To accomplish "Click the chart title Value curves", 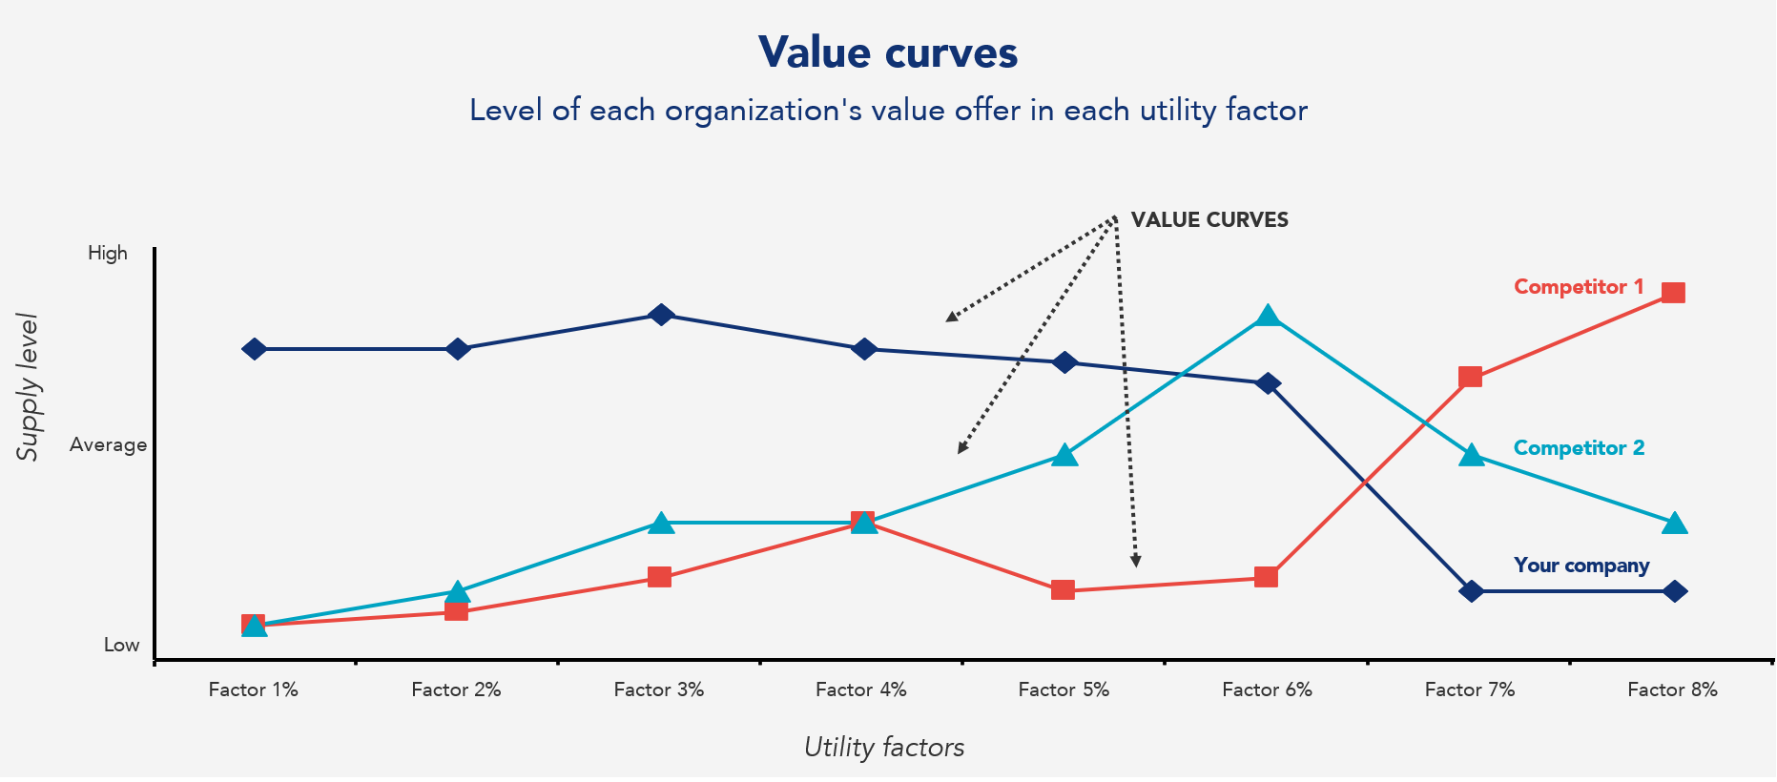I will tap(888, 52).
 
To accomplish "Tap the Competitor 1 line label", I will tap(1579, 287).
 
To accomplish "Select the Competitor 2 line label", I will tap(1579, 448).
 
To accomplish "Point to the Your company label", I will tap(1581, 566).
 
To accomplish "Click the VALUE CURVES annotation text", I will tap(1209, 220).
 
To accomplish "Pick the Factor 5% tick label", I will tap(1064, 689).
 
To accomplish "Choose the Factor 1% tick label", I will tap(253, 689).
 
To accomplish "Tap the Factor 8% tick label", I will tap(1672, 689).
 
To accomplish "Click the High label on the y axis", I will tap(108, 253).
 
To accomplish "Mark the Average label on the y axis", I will tap(108, 444).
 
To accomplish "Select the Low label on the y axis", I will tap(121, 646).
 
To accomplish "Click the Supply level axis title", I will tap(29, 387).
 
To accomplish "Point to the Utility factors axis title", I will tap(883, 747).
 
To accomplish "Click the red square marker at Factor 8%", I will tap(1673, 293).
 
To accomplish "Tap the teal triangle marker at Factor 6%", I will tap(1267, 317).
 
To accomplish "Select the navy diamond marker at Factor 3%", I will tap(661, 315).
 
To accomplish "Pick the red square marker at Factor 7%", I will tap(1471, 377).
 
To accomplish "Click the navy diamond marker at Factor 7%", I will tap(1472, 591).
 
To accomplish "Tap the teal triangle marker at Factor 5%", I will tap(1065, 456).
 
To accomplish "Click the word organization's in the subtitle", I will tap(763, 111).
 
